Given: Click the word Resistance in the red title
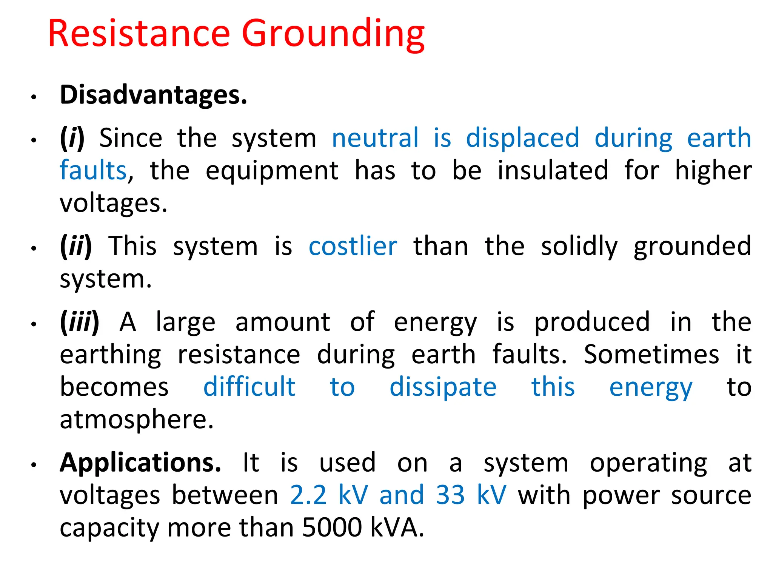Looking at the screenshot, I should pos(139,34).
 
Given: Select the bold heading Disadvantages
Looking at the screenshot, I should pos(153,95).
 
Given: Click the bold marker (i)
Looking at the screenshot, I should pos(72,138).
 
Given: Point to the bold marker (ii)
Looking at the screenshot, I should pos(76,247).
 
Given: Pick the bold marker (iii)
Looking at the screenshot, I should pos(80,322).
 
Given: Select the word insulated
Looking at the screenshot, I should pos(553,171).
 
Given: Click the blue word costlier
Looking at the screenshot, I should pos(353,247).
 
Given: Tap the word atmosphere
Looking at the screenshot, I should pos(137,420).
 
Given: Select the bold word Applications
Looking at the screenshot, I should pos(140,463).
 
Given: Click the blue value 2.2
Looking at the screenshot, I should pos(308,495).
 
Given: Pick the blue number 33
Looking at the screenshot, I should pos(450,495).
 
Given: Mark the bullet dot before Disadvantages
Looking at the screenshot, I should pos(34,97).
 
